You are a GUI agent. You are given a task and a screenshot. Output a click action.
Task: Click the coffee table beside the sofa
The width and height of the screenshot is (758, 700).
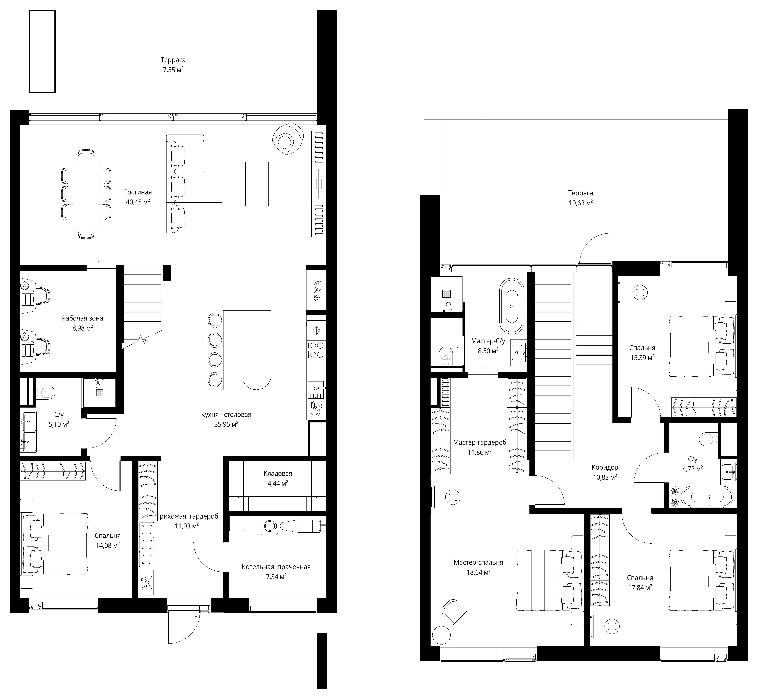click(257, 184)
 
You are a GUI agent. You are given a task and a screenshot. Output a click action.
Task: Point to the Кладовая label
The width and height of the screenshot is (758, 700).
click(278, 474)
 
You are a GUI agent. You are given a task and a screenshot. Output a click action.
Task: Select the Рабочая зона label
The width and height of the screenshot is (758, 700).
click(82, 318)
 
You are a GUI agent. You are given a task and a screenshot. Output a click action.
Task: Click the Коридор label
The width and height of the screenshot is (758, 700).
click(605, 467)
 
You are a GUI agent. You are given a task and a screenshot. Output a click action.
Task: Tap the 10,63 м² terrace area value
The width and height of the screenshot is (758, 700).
click(581, 203)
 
